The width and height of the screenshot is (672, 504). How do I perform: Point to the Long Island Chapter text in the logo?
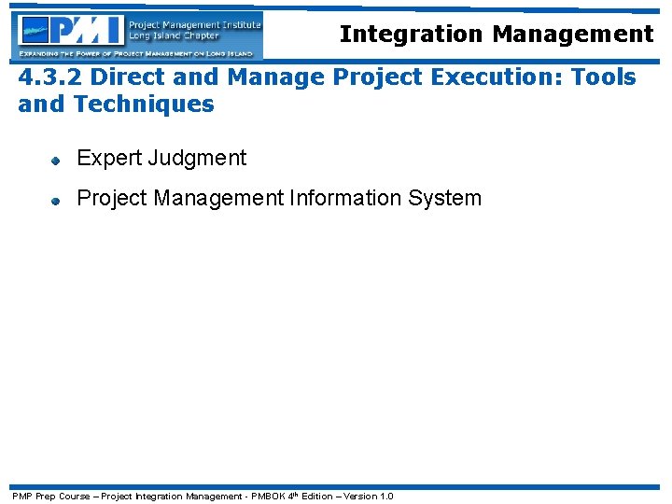(x=174, y=36)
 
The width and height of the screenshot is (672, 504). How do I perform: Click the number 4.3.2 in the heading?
(x=47, y=77)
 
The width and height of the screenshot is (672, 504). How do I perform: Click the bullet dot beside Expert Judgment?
(x=56, y=160)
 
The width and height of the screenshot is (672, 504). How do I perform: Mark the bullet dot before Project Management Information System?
(x=56, y=200)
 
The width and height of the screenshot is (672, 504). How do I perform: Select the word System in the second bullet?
(x=449, y=198)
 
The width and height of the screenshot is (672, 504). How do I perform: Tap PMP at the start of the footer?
(x=21, y=496)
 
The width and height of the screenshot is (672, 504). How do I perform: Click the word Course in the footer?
(x=75, y=496)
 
